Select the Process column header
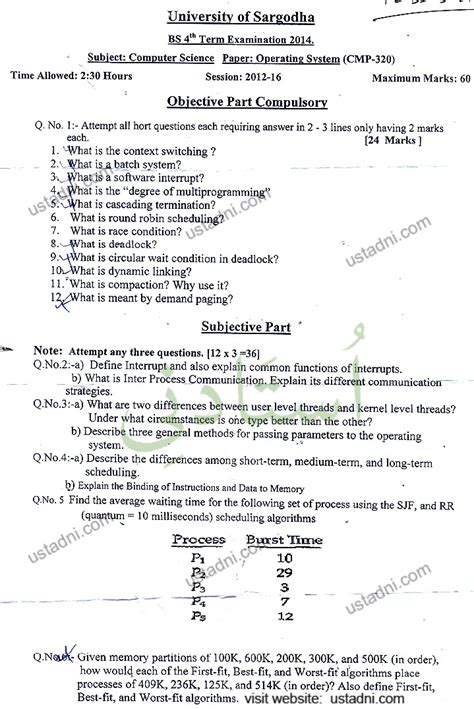tap(199, 540)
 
